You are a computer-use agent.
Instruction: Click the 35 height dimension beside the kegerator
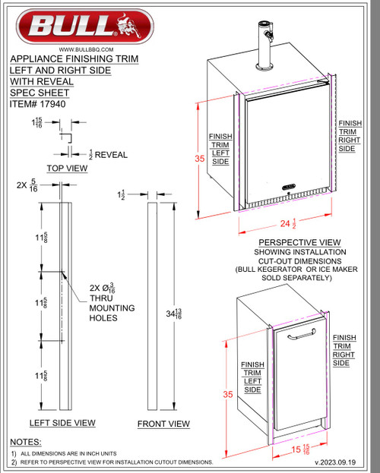199,159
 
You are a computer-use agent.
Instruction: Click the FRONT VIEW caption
163,424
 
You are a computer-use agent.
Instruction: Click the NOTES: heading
27,441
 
